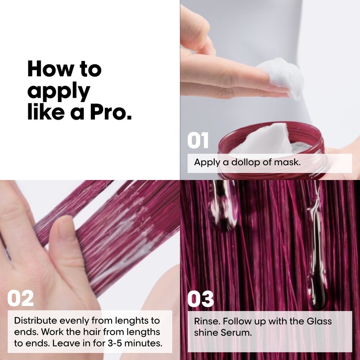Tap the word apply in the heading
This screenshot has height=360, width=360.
(58, 91)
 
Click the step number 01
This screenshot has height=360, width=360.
(198, 140)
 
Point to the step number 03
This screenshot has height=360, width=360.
(200, 298)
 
